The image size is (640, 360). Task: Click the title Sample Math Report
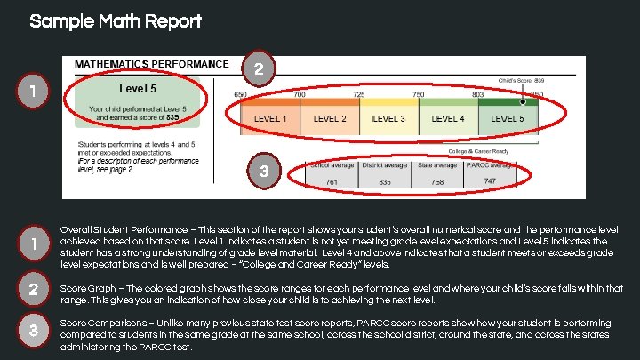[116, 21]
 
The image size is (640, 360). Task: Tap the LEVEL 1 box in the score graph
[270, 118]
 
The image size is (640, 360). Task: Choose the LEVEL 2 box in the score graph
[330, 118]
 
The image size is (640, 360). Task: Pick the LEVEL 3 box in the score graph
[388, 118]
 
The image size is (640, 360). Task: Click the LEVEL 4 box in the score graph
[447, 118]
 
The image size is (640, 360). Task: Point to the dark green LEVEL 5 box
[508, 118]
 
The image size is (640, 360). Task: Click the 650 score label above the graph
[241, 94]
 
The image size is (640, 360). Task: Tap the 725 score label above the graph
[358, 94]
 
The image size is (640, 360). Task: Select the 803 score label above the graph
[477, 94]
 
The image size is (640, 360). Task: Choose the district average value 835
[385, 181]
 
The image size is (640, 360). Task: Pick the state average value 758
[438, 181]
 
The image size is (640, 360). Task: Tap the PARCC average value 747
[490, 181]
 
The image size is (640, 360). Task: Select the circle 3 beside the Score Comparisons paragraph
[32, 331]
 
